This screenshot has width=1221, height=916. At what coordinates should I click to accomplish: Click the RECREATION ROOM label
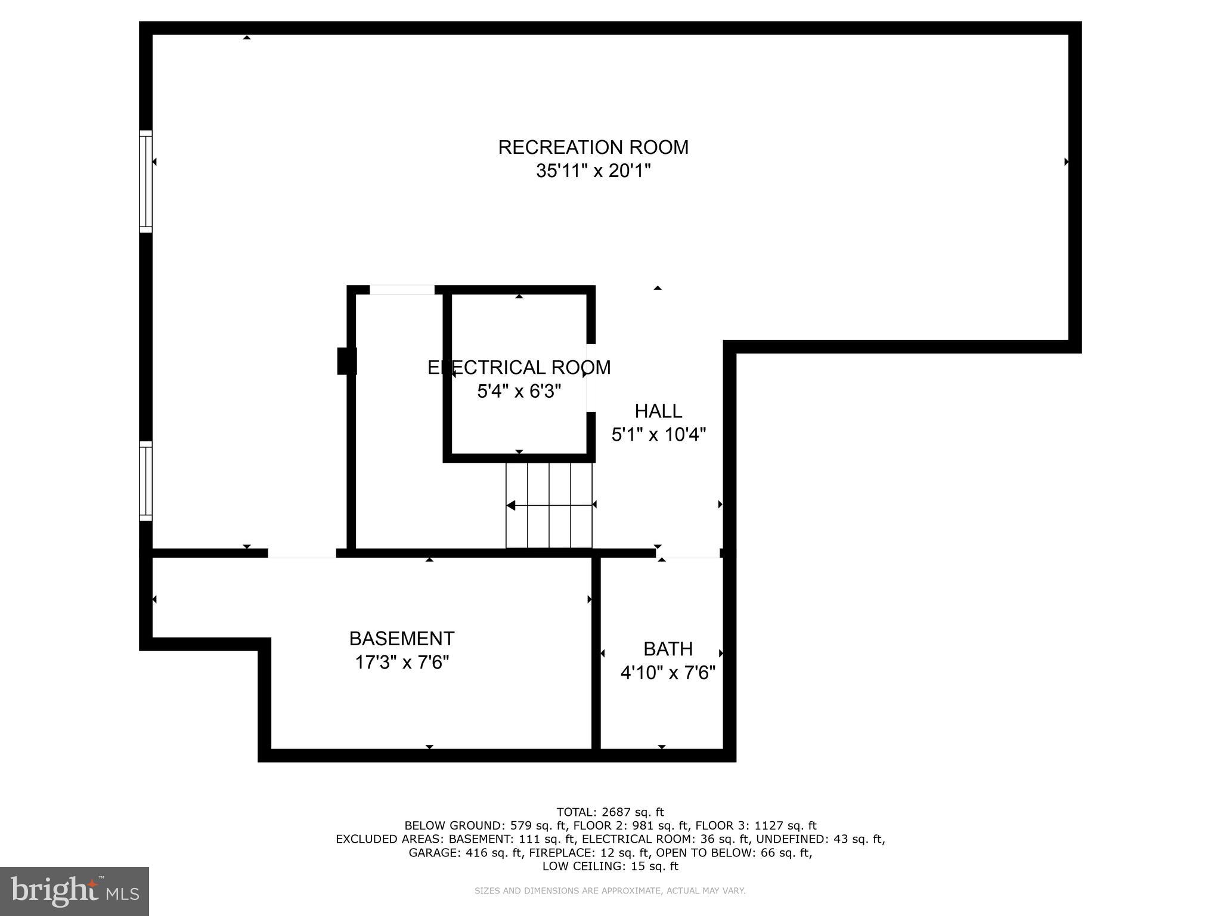click(x=593, y=147)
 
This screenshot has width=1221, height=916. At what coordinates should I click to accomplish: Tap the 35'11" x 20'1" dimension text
click(x=593, y=171)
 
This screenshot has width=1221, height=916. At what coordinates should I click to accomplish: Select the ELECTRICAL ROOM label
click(x=519, y=367)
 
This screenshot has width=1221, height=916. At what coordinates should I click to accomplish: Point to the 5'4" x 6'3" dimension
click(x=519, y=391)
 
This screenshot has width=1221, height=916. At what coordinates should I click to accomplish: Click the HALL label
click(x=658, y=411)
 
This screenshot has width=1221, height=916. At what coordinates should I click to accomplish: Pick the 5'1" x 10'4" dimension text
click(x=659, y=435)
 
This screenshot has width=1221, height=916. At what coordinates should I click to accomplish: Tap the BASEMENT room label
click(x=402, y=639)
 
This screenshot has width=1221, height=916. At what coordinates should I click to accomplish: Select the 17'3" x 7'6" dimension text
click(x=402, y=663)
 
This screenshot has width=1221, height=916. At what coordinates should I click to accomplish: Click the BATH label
click(x=668, y=649)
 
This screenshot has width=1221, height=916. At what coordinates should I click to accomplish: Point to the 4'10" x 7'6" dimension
click(x=668, y=673)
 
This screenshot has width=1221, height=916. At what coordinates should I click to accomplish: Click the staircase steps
click(x=549, y=505)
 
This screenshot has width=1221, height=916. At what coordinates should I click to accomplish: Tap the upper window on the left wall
click(x=146, y=181)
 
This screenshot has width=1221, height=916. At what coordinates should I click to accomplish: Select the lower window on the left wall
click(x=146, y=481)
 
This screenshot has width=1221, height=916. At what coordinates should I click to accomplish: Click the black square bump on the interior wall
click(x=346, y=361)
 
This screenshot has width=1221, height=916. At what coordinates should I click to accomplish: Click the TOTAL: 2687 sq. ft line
click(x=610, y=812)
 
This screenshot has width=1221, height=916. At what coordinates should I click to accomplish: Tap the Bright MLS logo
click(x=75, y=891)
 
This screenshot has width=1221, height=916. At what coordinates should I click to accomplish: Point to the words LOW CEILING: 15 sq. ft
click(x=610, y=866)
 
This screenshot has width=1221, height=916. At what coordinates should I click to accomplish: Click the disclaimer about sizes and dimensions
click(x=610, y=891)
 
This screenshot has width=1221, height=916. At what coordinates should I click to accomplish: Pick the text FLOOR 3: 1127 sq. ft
click(x=755, y=825)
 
